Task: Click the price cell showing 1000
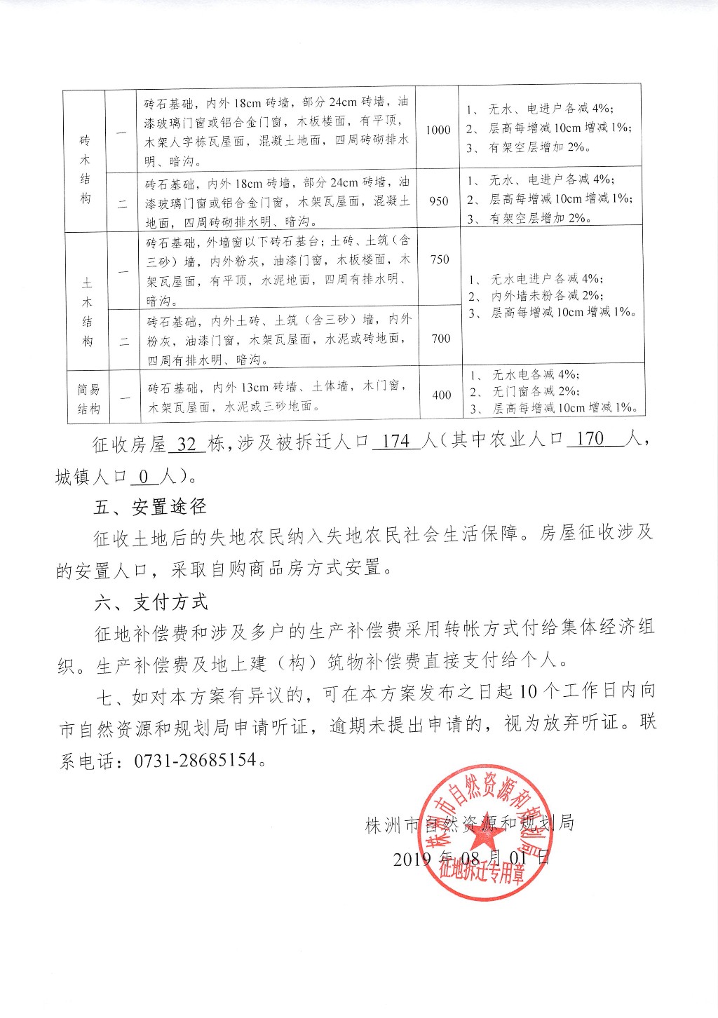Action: tap(438, 130)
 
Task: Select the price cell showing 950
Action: tap(439, 201)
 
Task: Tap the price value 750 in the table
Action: tap(440, 259)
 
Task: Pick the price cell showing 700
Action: tap(441, 339)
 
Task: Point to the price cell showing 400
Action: tap(442, 395)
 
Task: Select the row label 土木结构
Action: tap(87, 312)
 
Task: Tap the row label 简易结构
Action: tap(88, 399)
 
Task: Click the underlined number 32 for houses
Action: tap(187, 444)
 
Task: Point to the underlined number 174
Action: tap(396, 441)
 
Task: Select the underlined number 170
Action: tap(590, 439)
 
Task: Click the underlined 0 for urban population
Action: tap(144, 477)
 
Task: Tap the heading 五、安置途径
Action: tap(151, 506)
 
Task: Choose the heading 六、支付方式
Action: tap(151, 602)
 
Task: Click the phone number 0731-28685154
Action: tap(196, 760)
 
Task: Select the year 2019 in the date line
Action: tap(412, 858)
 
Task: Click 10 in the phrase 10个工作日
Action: tap(529, 691)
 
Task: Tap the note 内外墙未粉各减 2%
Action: tap(546, 296)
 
